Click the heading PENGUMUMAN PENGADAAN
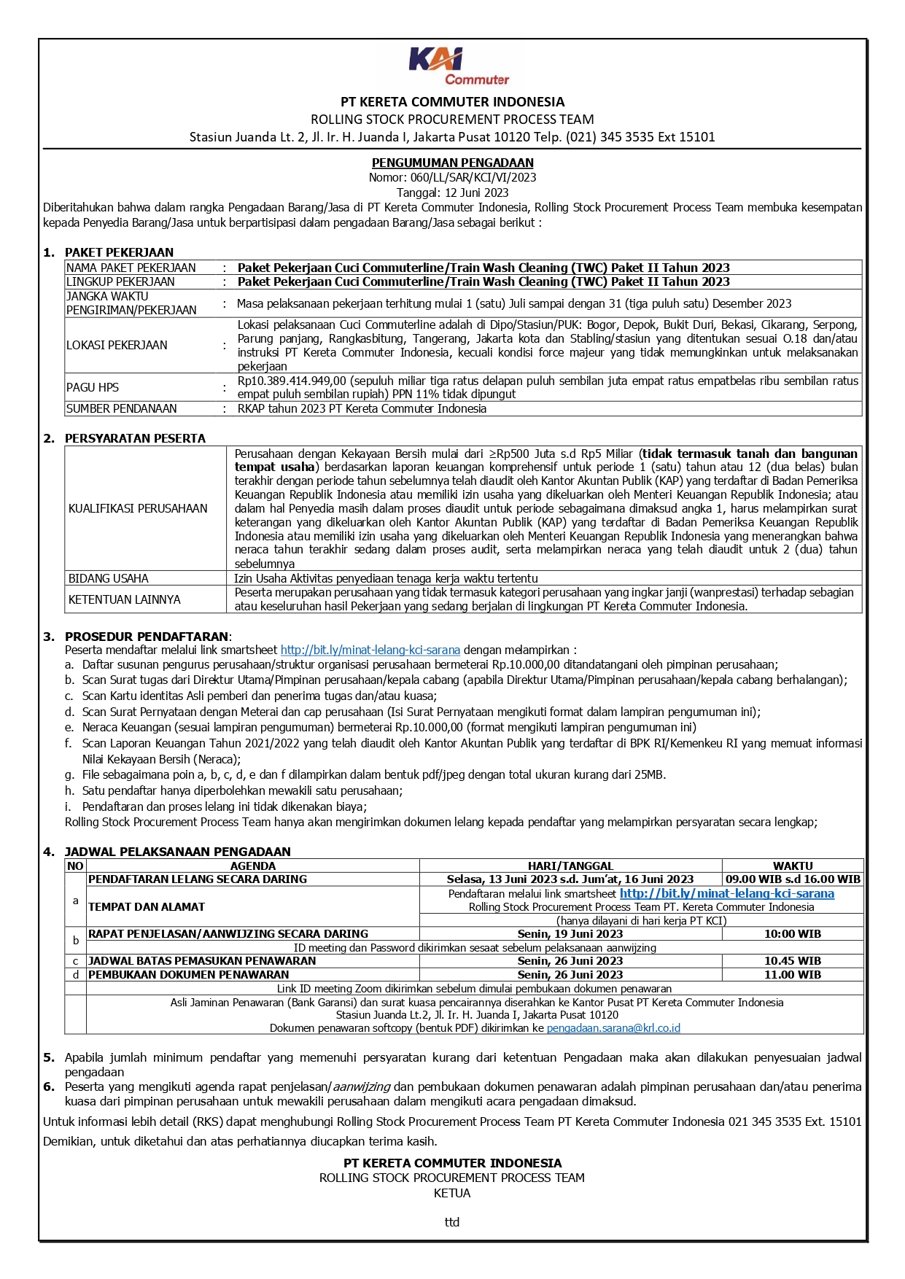(x=452, y=163)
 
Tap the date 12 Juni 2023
(x=474, y=193)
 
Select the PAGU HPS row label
(x=93, y=387)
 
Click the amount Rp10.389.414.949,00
(x=292, y=381)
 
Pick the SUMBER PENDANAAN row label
(x=122, y=408)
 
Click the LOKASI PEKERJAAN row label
(x=117, y=345)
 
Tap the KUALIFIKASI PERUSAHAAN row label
(x=138, y=508)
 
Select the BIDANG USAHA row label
(x=109, y=578)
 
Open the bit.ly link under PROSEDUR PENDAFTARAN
(x=370, y=650)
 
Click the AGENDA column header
(x=252, y=866)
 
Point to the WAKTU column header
(x=793, y=866)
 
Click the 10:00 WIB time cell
(x=793, y=933)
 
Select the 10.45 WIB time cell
(x=793, y=961)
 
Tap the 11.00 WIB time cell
(x=793, y=974)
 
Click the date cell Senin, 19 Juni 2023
(x=570, y=933)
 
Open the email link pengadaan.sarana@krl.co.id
(x=613, y=1028)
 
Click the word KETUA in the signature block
(x=452, y=1193)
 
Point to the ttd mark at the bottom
(x=452, y=1222)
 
